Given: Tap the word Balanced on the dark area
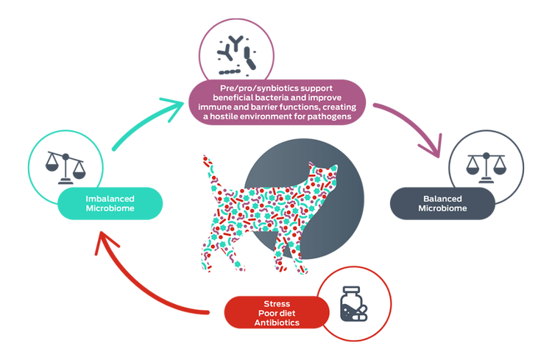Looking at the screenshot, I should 442,199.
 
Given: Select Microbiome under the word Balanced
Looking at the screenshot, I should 442,208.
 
